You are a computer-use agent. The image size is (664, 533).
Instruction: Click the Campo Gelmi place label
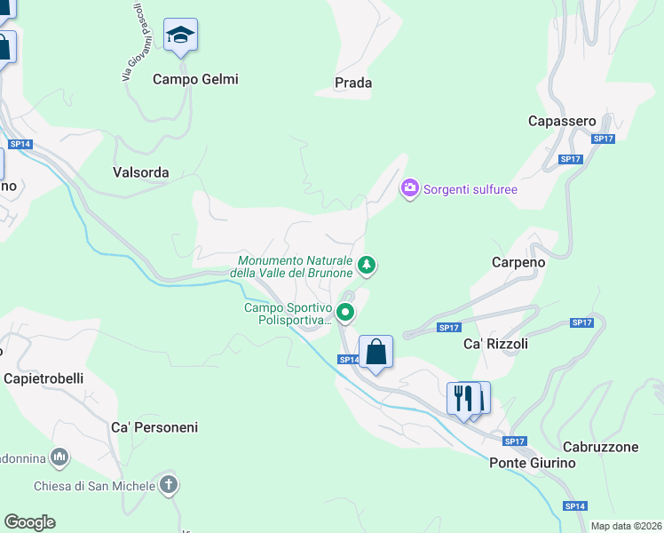click(x=195, y=79)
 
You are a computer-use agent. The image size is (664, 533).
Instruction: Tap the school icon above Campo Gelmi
click(x=181, y=36)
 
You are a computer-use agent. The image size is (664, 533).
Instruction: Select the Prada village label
click(x=352, y=83)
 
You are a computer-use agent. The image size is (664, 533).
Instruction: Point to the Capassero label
click(x=561, y=120)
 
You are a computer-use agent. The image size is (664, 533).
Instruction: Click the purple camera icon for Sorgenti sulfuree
click(x=409, y=187)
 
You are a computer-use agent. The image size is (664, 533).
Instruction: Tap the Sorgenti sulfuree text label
click(x=470, y=189)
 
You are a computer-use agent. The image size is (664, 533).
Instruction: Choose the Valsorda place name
click(x=141, y=172)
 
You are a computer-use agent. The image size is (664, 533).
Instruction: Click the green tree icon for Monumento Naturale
click(x=366, y=265)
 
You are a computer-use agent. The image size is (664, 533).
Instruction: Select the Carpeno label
click(x=518, y=263)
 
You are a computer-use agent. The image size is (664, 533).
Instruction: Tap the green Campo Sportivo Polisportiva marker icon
click(x=345, y=313)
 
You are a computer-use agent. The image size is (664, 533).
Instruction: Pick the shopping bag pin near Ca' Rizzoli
click(x=375, y=353)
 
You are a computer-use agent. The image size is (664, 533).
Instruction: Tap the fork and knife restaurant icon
click(x=462, y=397)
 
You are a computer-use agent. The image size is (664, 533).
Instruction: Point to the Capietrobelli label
click(x=43, y=378)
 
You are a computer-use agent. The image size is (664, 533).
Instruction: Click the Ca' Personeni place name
click(x=154, y=427)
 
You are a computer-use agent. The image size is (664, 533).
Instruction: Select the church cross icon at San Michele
click(x=170, y=485)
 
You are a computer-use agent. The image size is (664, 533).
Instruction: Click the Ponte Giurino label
click(x=533, y=463)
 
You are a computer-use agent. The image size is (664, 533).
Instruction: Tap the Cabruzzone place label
click(x=600, y=447)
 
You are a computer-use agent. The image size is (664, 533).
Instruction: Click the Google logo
click(x=29, y=522)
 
